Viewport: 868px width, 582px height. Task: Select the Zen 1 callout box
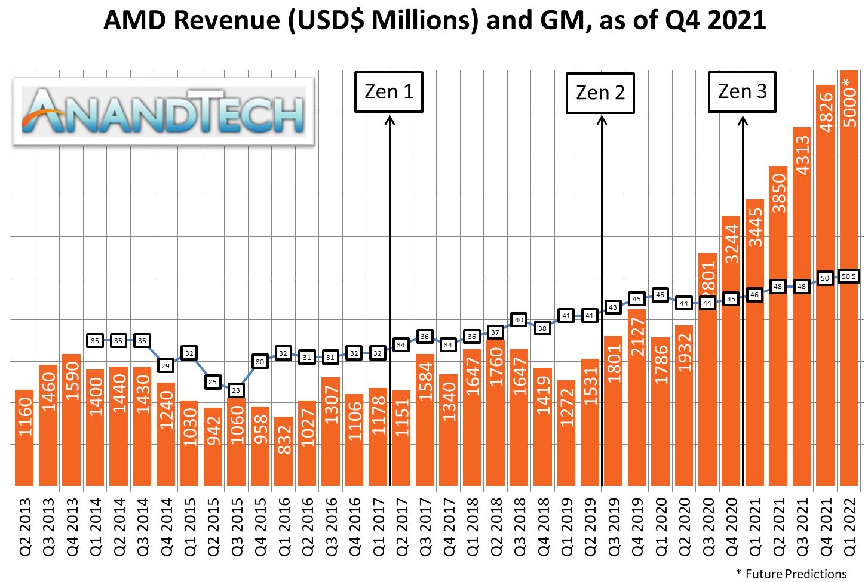pos(389,92)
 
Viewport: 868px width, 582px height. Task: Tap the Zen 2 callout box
pos(600,93)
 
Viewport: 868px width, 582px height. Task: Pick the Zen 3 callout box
pos(742,91)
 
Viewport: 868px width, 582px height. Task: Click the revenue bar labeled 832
pos(284,451)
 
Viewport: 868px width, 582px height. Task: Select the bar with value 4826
pos(825,287)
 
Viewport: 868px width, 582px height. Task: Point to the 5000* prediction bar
pos(849,281)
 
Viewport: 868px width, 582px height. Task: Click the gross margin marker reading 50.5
pos(849,276)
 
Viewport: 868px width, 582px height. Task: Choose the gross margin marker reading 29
pos(167,365)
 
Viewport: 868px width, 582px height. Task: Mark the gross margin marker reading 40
pos(519,320)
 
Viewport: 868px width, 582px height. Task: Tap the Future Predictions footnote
pos(791,574)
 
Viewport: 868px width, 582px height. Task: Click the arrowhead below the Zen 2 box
pos(602,120)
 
